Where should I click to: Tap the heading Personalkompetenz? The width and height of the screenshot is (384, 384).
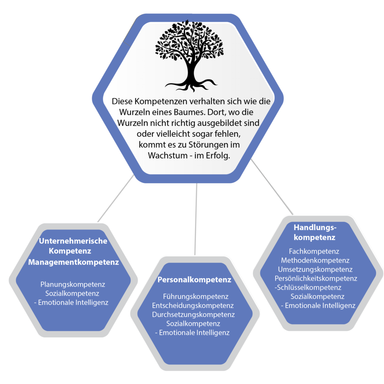(x=194, y=280)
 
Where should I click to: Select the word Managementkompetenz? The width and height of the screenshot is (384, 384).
(x=73, y=262)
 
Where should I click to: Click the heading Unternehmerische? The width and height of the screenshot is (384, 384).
(x=73, y=241)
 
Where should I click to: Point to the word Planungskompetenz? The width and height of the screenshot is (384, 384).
(x=73, y=284)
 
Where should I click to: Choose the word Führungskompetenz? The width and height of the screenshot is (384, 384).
(x=196, y=297)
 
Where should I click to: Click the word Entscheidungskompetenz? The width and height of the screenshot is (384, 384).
(x=193, y=306)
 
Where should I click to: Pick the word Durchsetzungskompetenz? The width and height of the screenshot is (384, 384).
(x=193, y=315)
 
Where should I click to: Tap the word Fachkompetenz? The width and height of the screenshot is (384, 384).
(x=314, y=252)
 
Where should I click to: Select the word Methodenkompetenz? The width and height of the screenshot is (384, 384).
(x=315, y=260)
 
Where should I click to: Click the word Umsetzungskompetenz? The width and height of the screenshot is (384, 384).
(x=315, y=269)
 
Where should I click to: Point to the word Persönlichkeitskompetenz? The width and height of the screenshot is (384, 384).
(x=316, y=278)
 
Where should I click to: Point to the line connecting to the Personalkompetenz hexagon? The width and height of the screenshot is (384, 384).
(x=196, y=220)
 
